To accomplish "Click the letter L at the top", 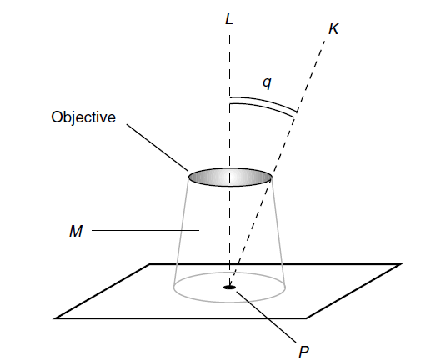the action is pos(229,19).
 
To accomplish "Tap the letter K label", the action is pos(333,28).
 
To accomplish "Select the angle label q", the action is pos(267,82).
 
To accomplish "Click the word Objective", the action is pos(83,117).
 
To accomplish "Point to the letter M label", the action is pos(76,231).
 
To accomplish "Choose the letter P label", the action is pos(303,352).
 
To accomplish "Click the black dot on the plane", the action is pos(229,287).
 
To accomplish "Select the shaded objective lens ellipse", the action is pos(230,177).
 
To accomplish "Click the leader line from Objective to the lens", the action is pos(158,147).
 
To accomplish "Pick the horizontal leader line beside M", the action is pos(145,230).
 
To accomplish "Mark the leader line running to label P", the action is pos(266,317).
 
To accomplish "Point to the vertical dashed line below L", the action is pos(229,160).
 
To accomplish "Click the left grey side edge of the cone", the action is pos(181,232).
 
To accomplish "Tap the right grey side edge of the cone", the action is pos(278,232).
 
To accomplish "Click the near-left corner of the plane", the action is pos(56,317).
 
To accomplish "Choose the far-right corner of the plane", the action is pos(401,264).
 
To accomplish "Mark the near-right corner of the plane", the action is pos(307,317).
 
